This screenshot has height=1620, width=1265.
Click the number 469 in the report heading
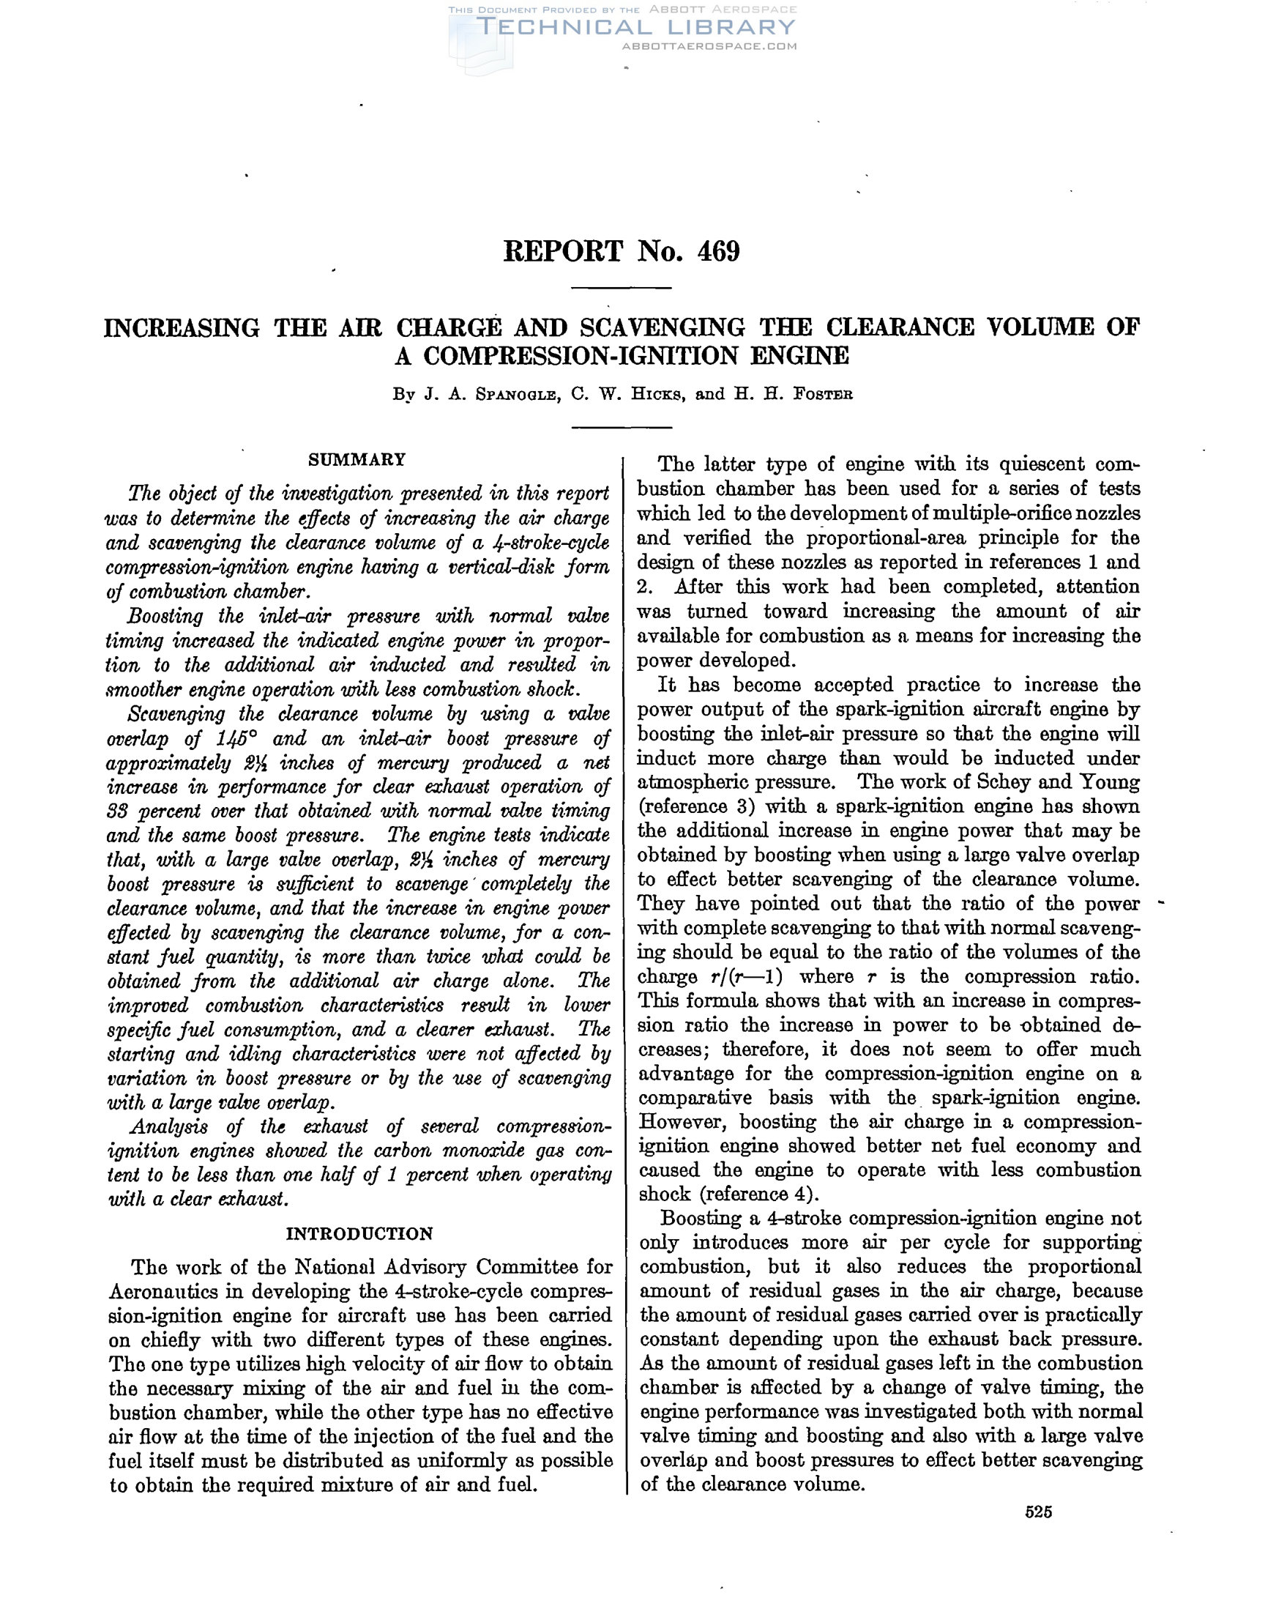pos(718,252)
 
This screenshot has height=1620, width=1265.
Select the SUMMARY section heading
pos(357,459)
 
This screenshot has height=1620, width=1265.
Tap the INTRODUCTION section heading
pos(359,1233)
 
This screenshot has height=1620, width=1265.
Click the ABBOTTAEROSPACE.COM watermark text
pos(709,46)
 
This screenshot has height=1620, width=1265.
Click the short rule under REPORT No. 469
pos(622,288)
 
